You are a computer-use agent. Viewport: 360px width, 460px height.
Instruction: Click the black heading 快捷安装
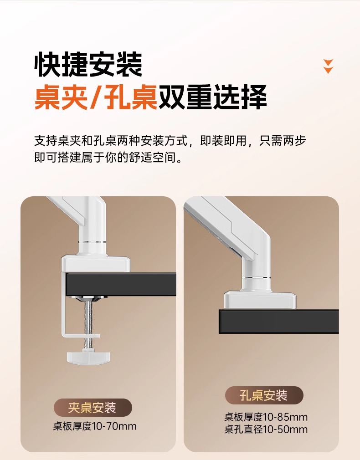click(88, 65)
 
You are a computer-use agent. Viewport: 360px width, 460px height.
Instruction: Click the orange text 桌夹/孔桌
click(96, 97)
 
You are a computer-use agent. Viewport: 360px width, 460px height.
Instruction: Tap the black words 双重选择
click(213, 97)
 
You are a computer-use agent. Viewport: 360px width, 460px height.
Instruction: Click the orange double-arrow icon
click(328, 66)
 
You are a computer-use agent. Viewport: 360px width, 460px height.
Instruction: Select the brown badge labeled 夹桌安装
click(93, 408)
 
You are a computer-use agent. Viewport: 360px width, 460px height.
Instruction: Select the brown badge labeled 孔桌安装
click(264, 395)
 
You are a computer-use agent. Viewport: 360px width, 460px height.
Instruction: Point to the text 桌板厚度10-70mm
click(95, 426)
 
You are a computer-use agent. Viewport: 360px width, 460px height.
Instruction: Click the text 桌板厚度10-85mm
click(266, 417)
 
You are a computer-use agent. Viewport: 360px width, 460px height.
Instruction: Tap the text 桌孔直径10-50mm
click(266, 429)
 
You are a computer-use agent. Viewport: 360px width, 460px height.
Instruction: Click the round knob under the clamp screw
click(89, 357)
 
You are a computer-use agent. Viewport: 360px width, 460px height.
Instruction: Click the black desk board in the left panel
click(120, 284)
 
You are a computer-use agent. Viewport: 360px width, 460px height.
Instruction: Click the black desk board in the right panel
click(279, 321)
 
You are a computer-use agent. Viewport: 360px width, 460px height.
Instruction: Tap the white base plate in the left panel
click(96, 263)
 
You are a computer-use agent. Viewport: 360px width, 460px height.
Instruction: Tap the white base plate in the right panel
click(260, 300)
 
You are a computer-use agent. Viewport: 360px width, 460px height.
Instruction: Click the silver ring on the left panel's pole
click(92, 242)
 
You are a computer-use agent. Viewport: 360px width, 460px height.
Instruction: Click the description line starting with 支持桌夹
click(170, 141)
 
